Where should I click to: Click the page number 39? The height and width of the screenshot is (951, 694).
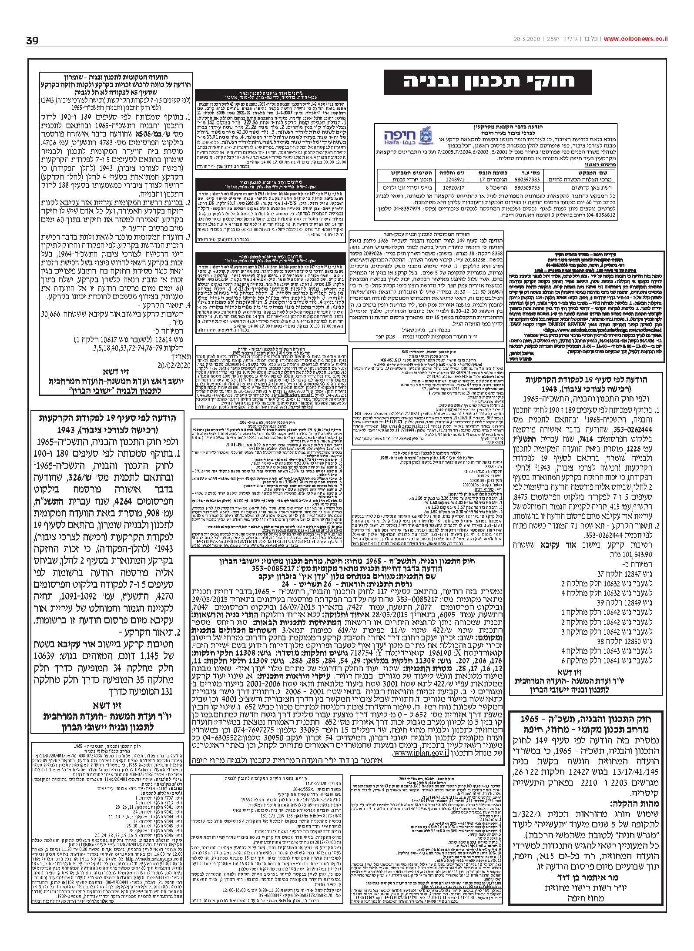coord(32,41)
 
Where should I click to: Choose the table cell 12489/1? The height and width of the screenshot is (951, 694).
coord(451,179)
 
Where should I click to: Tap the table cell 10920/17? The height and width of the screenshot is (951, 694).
coord(451,188)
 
